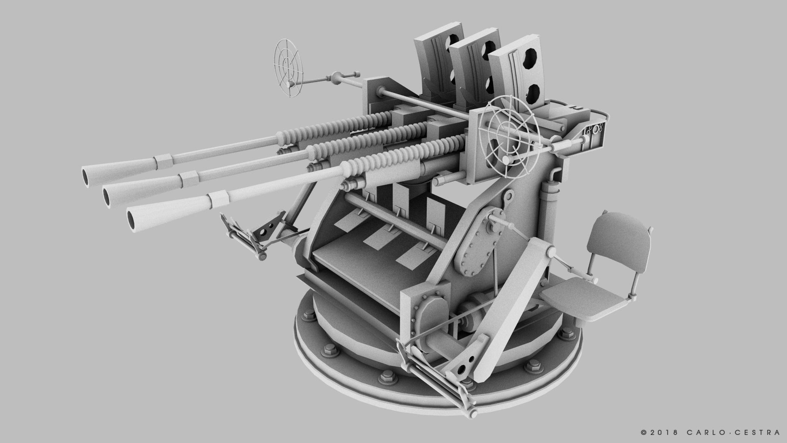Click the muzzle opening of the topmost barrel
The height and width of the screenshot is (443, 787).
[87, 176]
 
